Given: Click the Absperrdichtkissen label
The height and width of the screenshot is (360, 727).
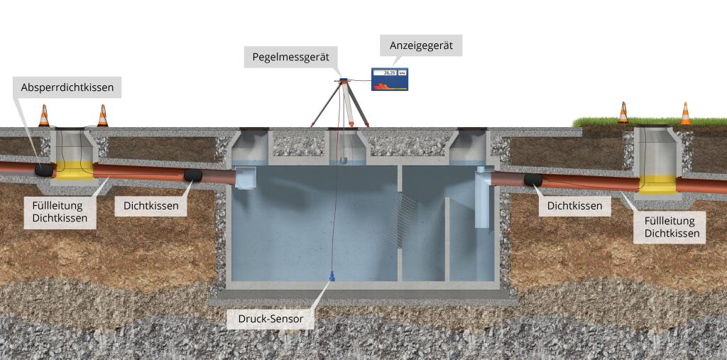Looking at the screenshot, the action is pos(67,87).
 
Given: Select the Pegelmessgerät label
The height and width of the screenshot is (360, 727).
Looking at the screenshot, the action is pos(290,57).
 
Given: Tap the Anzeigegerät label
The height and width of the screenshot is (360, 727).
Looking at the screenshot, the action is pos(421,45).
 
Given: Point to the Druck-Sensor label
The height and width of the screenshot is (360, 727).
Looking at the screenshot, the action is pos(270,319).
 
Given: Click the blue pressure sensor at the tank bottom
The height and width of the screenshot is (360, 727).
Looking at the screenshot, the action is pos(332,276).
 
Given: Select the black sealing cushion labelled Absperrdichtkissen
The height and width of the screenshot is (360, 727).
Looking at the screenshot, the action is pos(44,170).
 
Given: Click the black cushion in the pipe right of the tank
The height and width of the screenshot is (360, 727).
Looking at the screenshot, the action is pos(533,180).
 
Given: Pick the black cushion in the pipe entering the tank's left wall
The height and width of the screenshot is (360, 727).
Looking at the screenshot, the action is pos(193,175).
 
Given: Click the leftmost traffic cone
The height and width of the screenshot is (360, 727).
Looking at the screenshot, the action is pos(43,116).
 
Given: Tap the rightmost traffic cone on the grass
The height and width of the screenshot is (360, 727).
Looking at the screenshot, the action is pos(685,114).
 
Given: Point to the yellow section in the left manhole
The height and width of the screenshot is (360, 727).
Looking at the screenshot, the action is pos(75,170).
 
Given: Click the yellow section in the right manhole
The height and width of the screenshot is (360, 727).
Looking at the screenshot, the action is pos(657,185).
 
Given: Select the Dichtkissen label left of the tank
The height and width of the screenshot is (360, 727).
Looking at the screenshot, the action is pos(151,206).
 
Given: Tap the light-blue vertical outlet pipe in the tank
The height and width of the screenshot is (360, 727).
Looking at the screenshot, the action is pos(482,197).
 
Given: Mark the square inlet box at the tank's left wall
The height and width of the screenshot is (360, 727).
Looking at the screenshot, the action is pos(245,178).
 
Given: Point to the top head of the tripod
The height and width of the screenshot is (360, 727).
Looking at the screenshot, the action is pos(344,81).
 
